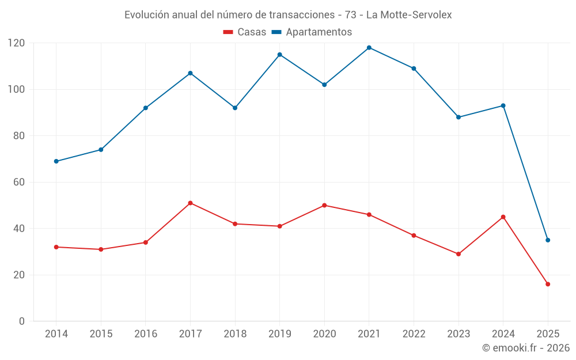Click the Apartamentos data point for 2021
(369, 48)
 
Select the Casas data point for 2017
(190, 203)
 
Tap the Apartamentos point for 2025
(548, 240)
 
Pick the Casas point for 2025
(548, 284)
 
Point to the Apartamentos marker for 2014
(56, 161)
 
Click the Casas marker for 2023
(458, 254)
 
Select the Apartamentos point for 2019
(280, 55)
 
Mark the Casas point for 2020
(324, 205)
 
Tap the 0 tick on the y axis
(22, 321)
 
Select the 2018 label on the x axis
(235, 334)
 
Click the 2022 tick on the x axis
(414, 334)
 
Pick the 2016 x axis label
(146, 334)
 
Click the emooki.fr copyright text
(526, 348)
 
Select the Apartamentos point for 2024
(503, 105)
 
